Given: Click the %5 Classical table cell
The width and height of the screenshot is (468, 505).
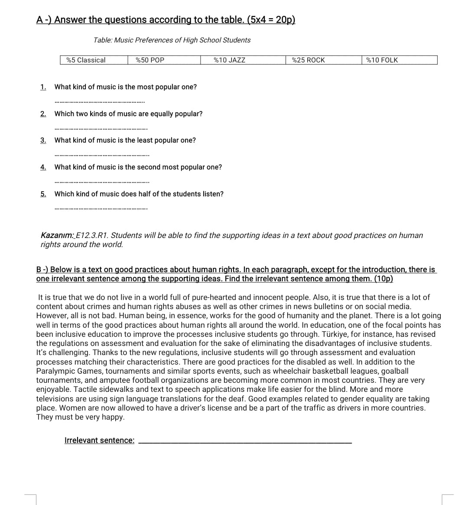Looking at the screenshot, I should (86, 60).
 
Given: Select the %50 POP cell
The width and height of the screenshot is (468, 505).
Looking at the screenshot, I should (150, 60).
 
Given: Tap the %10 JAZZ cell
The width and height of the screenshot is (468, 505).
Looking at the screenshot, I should (229, 60).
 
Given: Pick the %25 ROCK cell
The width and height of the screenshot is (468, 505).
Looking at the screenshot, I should (308, 60).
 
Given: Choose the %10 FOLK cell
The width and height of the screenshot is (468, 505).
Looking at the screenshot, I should (382, 60).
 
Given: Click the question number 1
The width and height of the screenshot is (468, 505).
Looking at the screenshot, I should (43, 87).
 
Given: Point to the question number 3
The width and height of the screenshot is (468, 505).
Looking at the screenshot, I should (43, 140).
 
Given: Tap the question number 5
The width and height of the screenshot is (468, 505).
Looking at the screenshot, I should (43, 194).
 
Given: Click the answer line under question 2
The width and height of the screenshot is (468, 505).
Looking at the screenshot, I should (101, 129).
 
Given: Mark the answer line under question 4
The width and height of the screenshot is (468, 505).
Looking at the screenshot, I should (101, 182).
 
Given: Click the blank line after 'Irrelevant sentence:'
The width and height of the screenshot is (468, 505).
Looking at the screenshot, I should (245, 442).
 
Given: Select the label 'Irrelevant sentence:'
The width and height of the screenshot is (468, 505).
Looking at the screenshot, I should (99, 440).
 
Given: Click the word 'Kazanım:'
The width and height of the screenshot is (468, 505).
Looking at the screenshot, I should (57, 235).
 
